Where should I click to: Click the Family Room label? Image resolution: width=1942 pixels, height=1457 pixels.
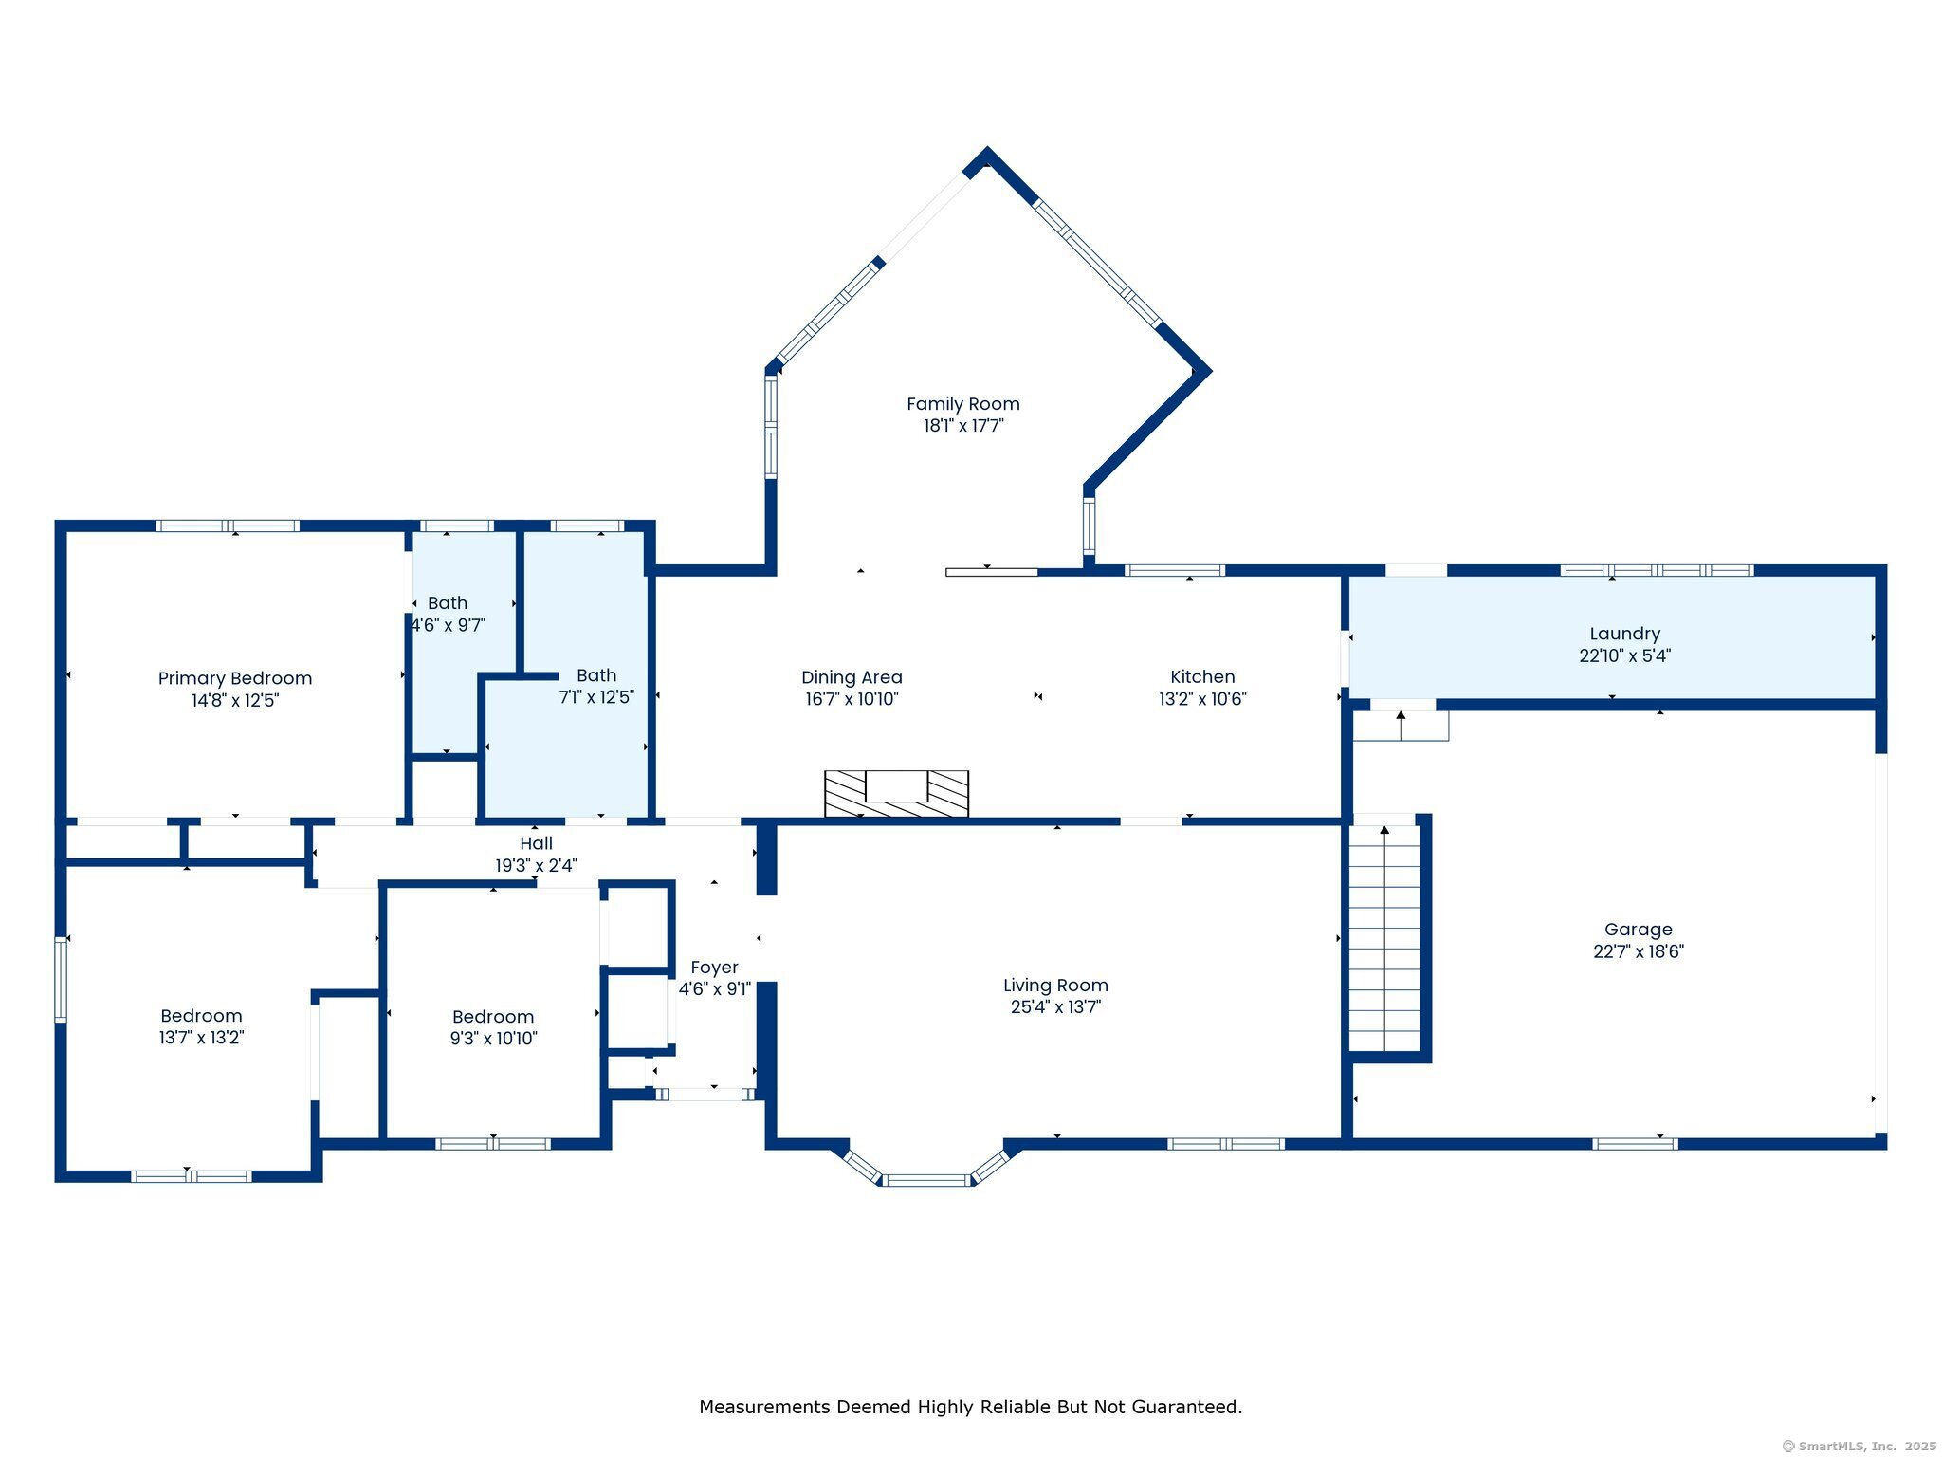click(962, 404)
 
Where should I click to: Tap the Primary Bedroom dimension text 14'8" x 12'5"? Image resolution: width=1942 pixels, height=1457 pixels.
click(235, 701)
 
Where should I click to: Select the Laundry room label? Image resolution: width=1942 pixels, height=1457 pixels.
click(1624, 634)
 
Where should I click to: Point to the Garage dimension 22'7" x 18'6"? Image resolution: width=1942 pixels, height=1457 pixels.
click(1638, 951)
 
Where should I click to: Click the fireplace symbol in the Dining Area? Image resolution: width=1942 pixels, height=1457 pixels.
click(896, 793)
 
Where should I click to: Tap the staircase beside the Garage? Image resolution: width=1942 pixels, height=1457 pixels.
click(1384, 937)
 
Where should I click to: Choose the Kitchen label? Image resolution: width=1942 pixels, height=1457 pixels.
click(1202, 676)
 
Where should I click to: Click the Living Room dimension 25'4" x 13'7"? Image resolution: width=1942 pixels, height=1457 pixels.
click(1055, 1006)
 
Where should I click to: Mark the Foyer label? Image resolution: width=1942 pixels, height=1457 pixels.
click(714, 968)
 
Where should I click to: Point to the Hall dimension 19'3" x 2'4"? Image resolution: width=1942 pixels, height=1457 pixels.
click(536, 865)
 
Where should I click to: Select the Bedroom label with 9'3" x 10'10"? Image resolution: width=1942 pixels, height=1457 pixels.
click(493, 1017)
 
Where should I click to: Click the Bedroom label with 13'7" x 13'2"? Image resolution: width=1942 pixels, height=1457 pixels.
click(201, 1016)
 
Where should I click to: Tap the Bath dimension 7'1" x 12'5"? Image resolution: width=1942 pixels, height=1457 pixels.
click(596, 697)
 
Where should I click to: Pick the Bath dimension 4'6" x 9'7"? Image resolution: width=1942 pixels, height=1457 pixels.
click(449, 625)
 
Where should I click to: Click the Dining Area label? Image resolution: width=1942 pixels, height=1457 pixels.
click(852, 677)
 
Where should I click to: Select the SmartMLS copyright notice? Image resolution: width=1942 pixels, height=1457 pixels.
click(1860, 1446)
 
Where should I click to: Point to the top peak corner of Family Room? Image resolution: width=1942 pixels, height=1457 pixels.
click(987, 150)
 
